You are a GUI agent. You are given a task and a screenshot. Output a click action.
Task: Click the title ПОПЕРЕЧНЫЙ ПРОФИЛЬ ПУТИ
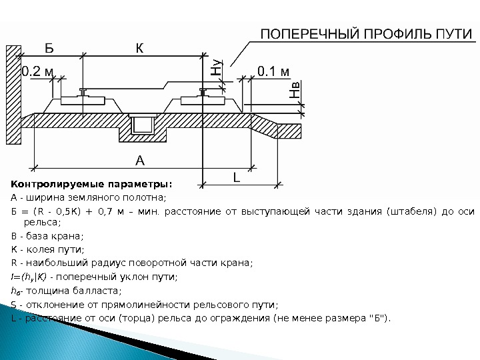click(x=365, y=33)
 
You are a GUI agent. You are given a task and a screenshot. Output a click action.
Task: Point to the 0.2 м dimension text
click(x=37, y=70)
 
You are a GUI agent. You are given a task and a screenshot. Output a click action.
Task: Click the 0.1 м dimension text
click(x=273, y=70)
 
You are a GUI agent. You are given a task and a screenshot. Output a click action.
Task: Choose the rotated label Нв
click(x=295, y=90)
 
